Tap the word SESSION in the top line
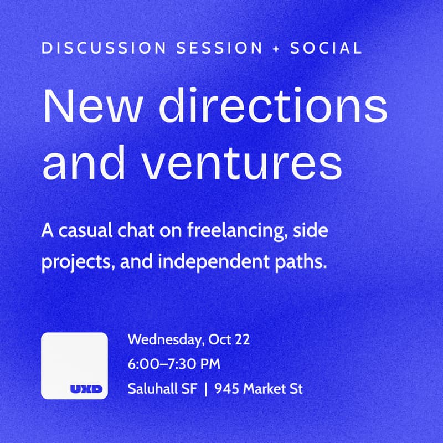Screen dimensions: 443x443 pyautogui.click(x=219, y=48)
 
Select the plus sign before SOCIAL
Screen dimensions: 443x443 pyautogui.click(x=276, y=48)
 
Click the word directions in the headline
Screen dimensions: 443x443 pyautogui.click(x=273, y=106)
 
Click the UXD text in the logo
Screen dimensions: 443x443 pyautogui.click(x=86, y=389)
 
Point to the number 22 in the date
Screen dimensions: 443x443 pyautogui.click(x=242, y=339)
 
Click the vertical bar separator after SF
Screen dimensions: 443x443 pyautogui.click(x=205, y=389)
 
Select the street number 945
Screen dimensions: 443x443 pyautogui.click(x=226, y=389)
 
